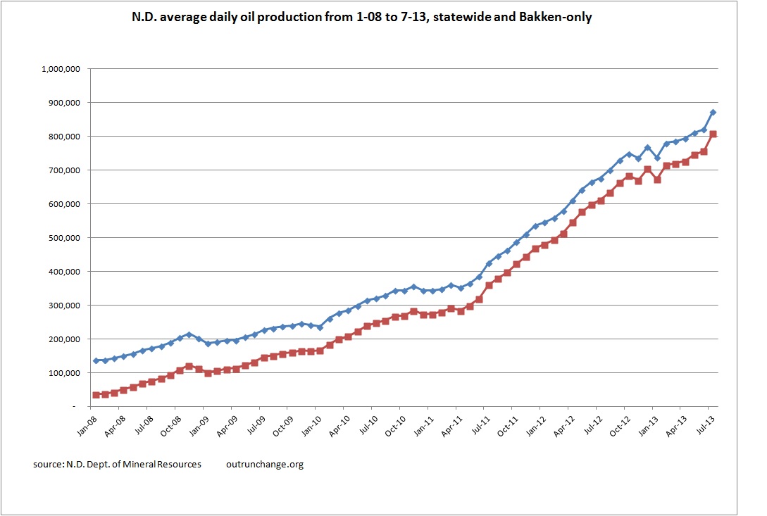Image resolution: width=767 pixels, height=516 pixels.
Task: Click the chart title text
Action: [383, 17]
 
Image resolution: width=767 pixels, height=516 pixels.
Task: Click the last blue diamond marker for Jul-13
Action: [713, 113]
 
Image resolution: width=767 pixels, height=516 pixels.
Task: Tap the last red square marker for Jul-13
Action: [713, 134]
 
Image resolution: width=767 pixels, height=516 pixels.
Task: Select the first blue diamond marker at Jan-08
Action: [96, 360]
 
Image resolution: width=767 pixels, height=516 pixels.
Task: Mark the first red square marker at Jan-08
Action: [96, 395]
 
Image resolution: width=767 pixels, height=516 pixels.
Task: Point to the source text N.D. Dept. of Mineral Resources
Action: [117, 465]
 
